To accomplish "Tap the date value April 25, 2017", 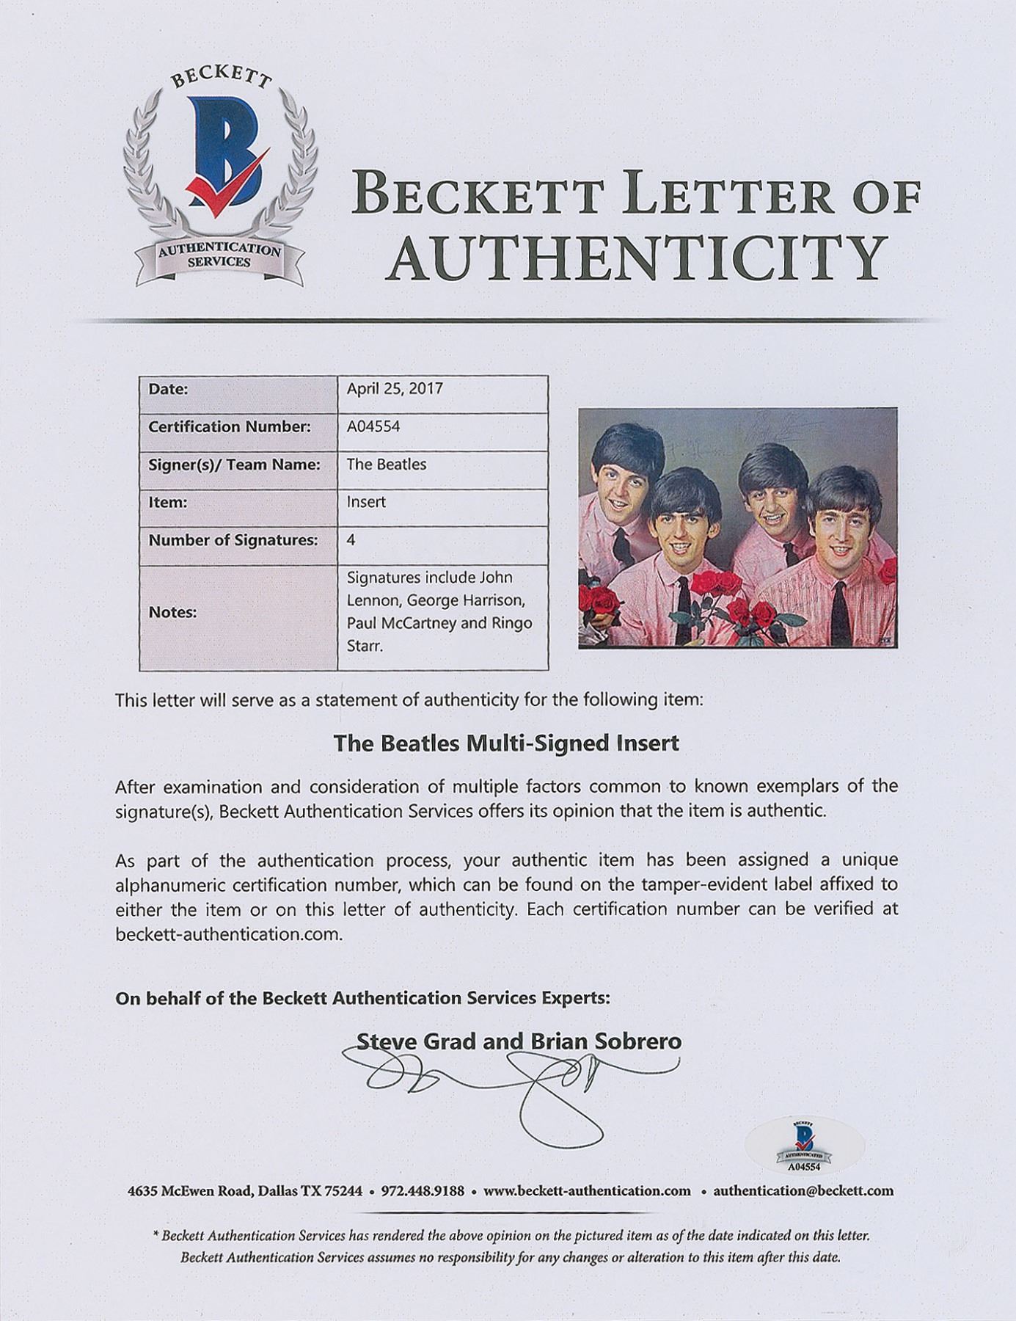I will pos(395,388).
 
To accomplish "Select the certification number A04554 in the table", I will pos(373,426).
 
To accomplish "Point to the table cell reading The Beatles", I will pos(387,465).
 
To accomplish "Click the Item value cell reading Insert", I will pos(366,503).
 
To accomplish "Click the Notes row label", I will pos(174,611).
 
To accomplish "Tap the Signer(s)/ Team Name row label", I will pos(234,465).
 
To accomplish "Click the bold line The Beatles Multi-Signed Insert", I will pos(506,743).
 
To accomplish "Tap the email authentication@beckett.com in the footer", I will pos(803,1190).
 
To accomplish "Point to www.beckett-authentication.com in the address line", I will pos(587,1190).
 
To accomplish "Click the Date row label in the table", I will pos(169,388).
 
